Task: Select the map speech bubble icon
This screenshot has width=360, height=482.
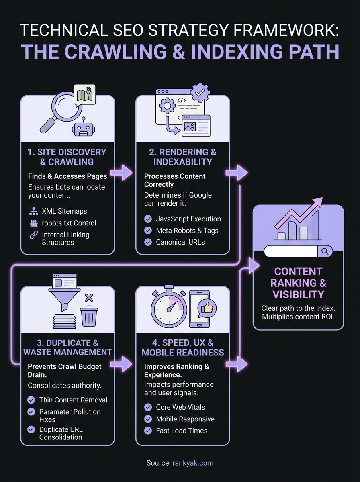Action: pyautogui.click(x=85, y=94)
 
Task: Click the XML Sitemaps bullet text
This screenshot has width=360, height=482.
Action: pyautogui.click(x=64, y=211)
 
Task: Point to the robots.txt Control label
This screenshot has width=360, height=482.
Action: pyautogui.click(x=69, y=223)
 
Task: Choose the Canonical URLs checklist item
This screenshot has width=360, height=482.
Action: pyautogui.click(x=180, y=242)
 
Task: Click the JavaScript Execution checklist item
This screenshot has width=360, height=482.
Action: pyautogui.click(x=188, y=219)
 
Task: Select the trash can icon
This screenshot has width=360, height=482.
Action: pyautogui.click(x=89, y=316)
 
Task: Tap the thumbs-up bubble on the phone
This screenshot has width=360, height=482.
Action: pyautogui.click(x=207, y=308)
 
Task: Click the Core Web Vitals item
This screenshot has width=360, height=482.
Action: pyautogui.click(x=180, y=407)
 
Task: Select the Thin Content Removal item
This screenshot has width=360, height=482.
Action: pyautogui.click(x=73, y=400)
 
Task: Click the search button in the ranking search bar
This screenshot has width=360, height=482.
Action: pyautogui.click(x=325, y=251)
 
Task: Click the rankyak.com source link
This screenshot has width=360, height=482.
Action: pyautogui.click(x=193, y=463)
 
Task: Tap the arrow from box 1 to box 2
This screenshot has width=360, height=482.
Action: pyautogui.click(x=122, y=172)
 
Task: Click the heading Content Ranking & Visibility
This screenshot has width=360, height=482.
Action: pyautogui.click(x=298, y=283)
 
